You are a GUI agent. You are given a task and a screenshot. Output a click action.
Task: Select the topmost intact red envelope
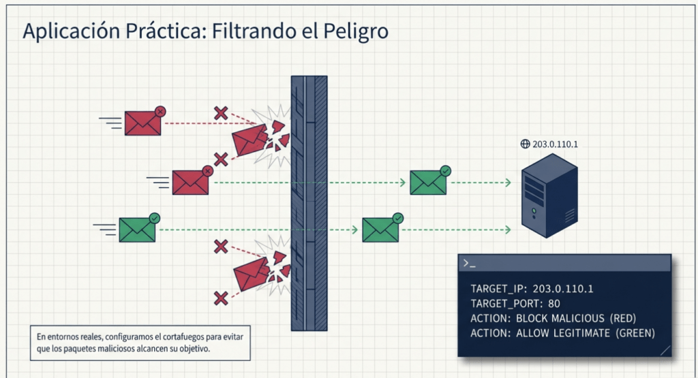coord(142,123)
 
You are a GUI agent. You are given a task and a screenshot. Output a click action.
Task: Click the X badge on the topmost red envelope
coord(160,110)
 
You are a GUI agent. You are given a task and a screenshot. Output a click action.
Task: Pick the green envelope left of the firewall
coord(137,230)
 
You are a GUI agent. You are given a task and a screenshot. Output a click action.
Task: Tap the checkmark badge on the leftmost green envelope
coord(155,218)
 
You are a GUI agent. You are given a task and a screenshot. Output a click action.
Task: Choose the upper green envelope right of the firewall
coord(428,182)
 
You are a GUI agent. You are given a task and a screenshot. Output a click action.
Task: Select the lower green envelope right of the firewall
coord(380,230)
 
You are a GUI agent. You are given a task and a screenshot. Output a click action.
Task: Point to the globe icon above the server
coord(525,144)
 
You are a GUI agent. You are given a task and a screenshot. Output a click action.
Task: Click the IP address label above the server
coord(556,144)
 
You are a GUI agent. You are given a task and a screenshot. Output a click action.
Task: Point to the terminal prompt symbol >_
coord(469,263)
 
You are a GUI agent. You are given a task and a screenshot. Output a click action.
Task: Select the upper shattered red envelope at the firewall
coord(250,141)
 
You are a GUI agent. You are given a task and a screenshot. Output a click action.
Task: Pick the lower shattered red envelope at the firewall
coord(252,274)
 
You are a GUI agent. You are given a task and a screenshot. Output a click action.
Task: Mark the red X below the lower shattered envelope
coord(221,298)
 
